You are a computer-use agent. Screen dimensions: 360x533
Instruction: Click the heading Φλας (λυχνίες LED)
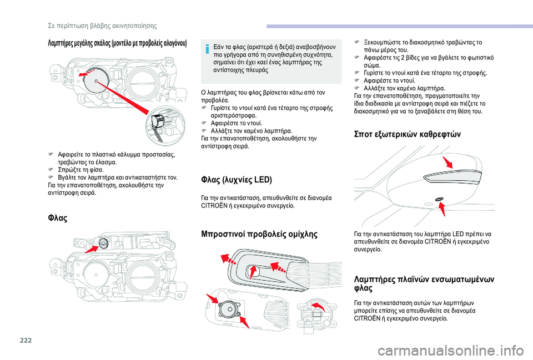(228, 180)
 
